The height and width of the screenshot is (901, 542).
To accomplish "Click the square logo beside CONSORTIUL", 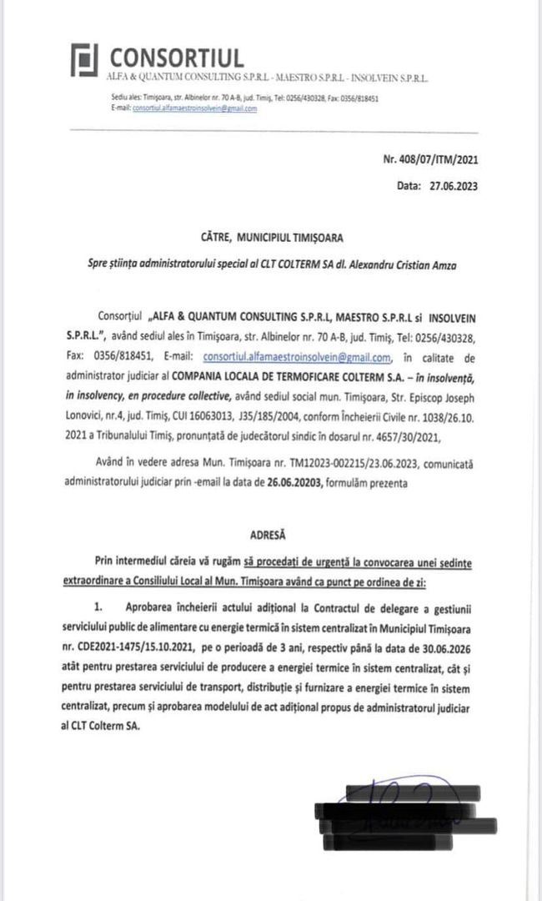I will coord(84,58).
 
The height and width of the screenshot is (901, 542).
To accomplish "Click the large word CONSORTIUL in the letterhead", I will coord(177,58).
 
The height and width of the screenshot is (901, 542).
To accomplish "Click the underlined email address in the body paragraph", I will coord(297,358).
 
